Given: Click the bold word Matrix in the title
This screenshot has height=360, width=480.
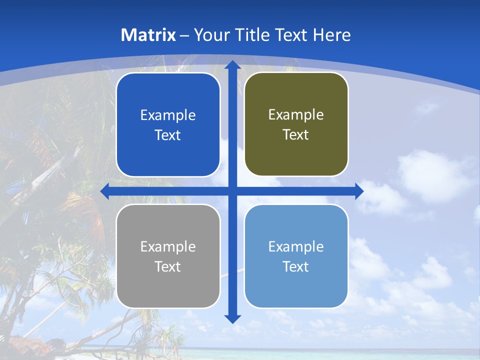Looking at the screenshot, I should [148, 35].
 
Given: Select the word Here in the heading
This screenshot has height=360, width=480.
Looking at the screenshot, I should [331, 35].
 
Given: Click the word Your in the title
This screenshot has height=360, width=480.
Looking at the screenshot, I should [212, 35].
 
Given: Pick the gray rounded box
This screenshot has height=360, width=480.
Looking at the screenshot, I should [168, 290].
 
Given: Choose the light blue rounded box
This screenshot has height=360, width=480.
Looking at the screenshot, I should [296, 290].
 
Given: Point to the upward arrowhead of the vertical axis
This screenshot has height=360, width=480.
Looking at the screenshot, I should [232, 65].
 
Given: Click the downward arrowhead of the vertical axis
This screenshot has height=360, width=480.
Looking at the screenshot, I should [232, 318].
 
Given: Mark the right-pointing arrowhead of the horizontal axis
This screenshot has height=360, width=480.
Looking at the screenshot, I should [359, 191].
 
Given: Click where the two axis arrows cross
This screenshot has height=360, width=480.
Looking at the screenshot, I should [232, 191].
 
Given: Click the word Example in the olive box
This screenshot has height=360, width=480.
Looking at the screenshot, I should [296, 115].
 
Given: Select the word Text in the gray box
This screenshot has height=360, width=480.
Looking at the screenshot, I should [168, 266].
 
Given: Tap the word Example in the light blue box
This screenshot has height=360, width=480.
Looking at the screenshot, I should [296, 246].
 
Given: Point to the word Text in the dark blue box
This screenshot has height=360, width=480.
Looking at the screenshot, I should [168, 135].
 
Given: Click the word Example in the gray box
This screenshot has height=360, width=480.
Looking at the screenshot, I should [168, 246].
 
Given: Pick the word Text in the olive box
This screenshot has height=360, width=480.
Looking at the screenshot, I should [296, 134].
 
